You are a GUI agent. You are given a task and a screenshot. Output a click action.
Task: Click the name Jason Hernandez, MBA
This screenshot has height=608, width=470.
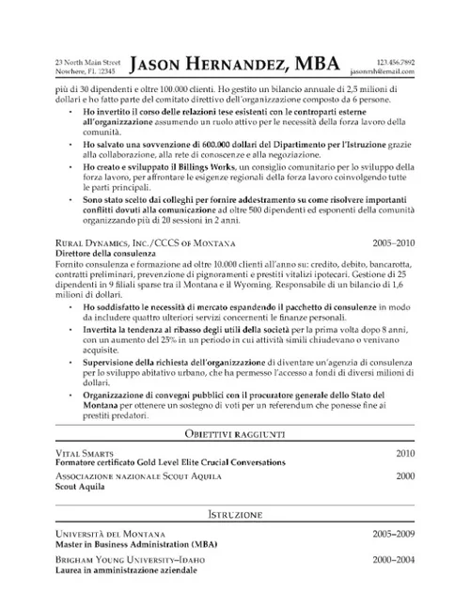236,64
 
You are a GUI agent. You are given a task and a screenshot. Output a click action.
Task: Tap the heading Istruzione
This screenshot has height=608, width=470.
235,516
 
